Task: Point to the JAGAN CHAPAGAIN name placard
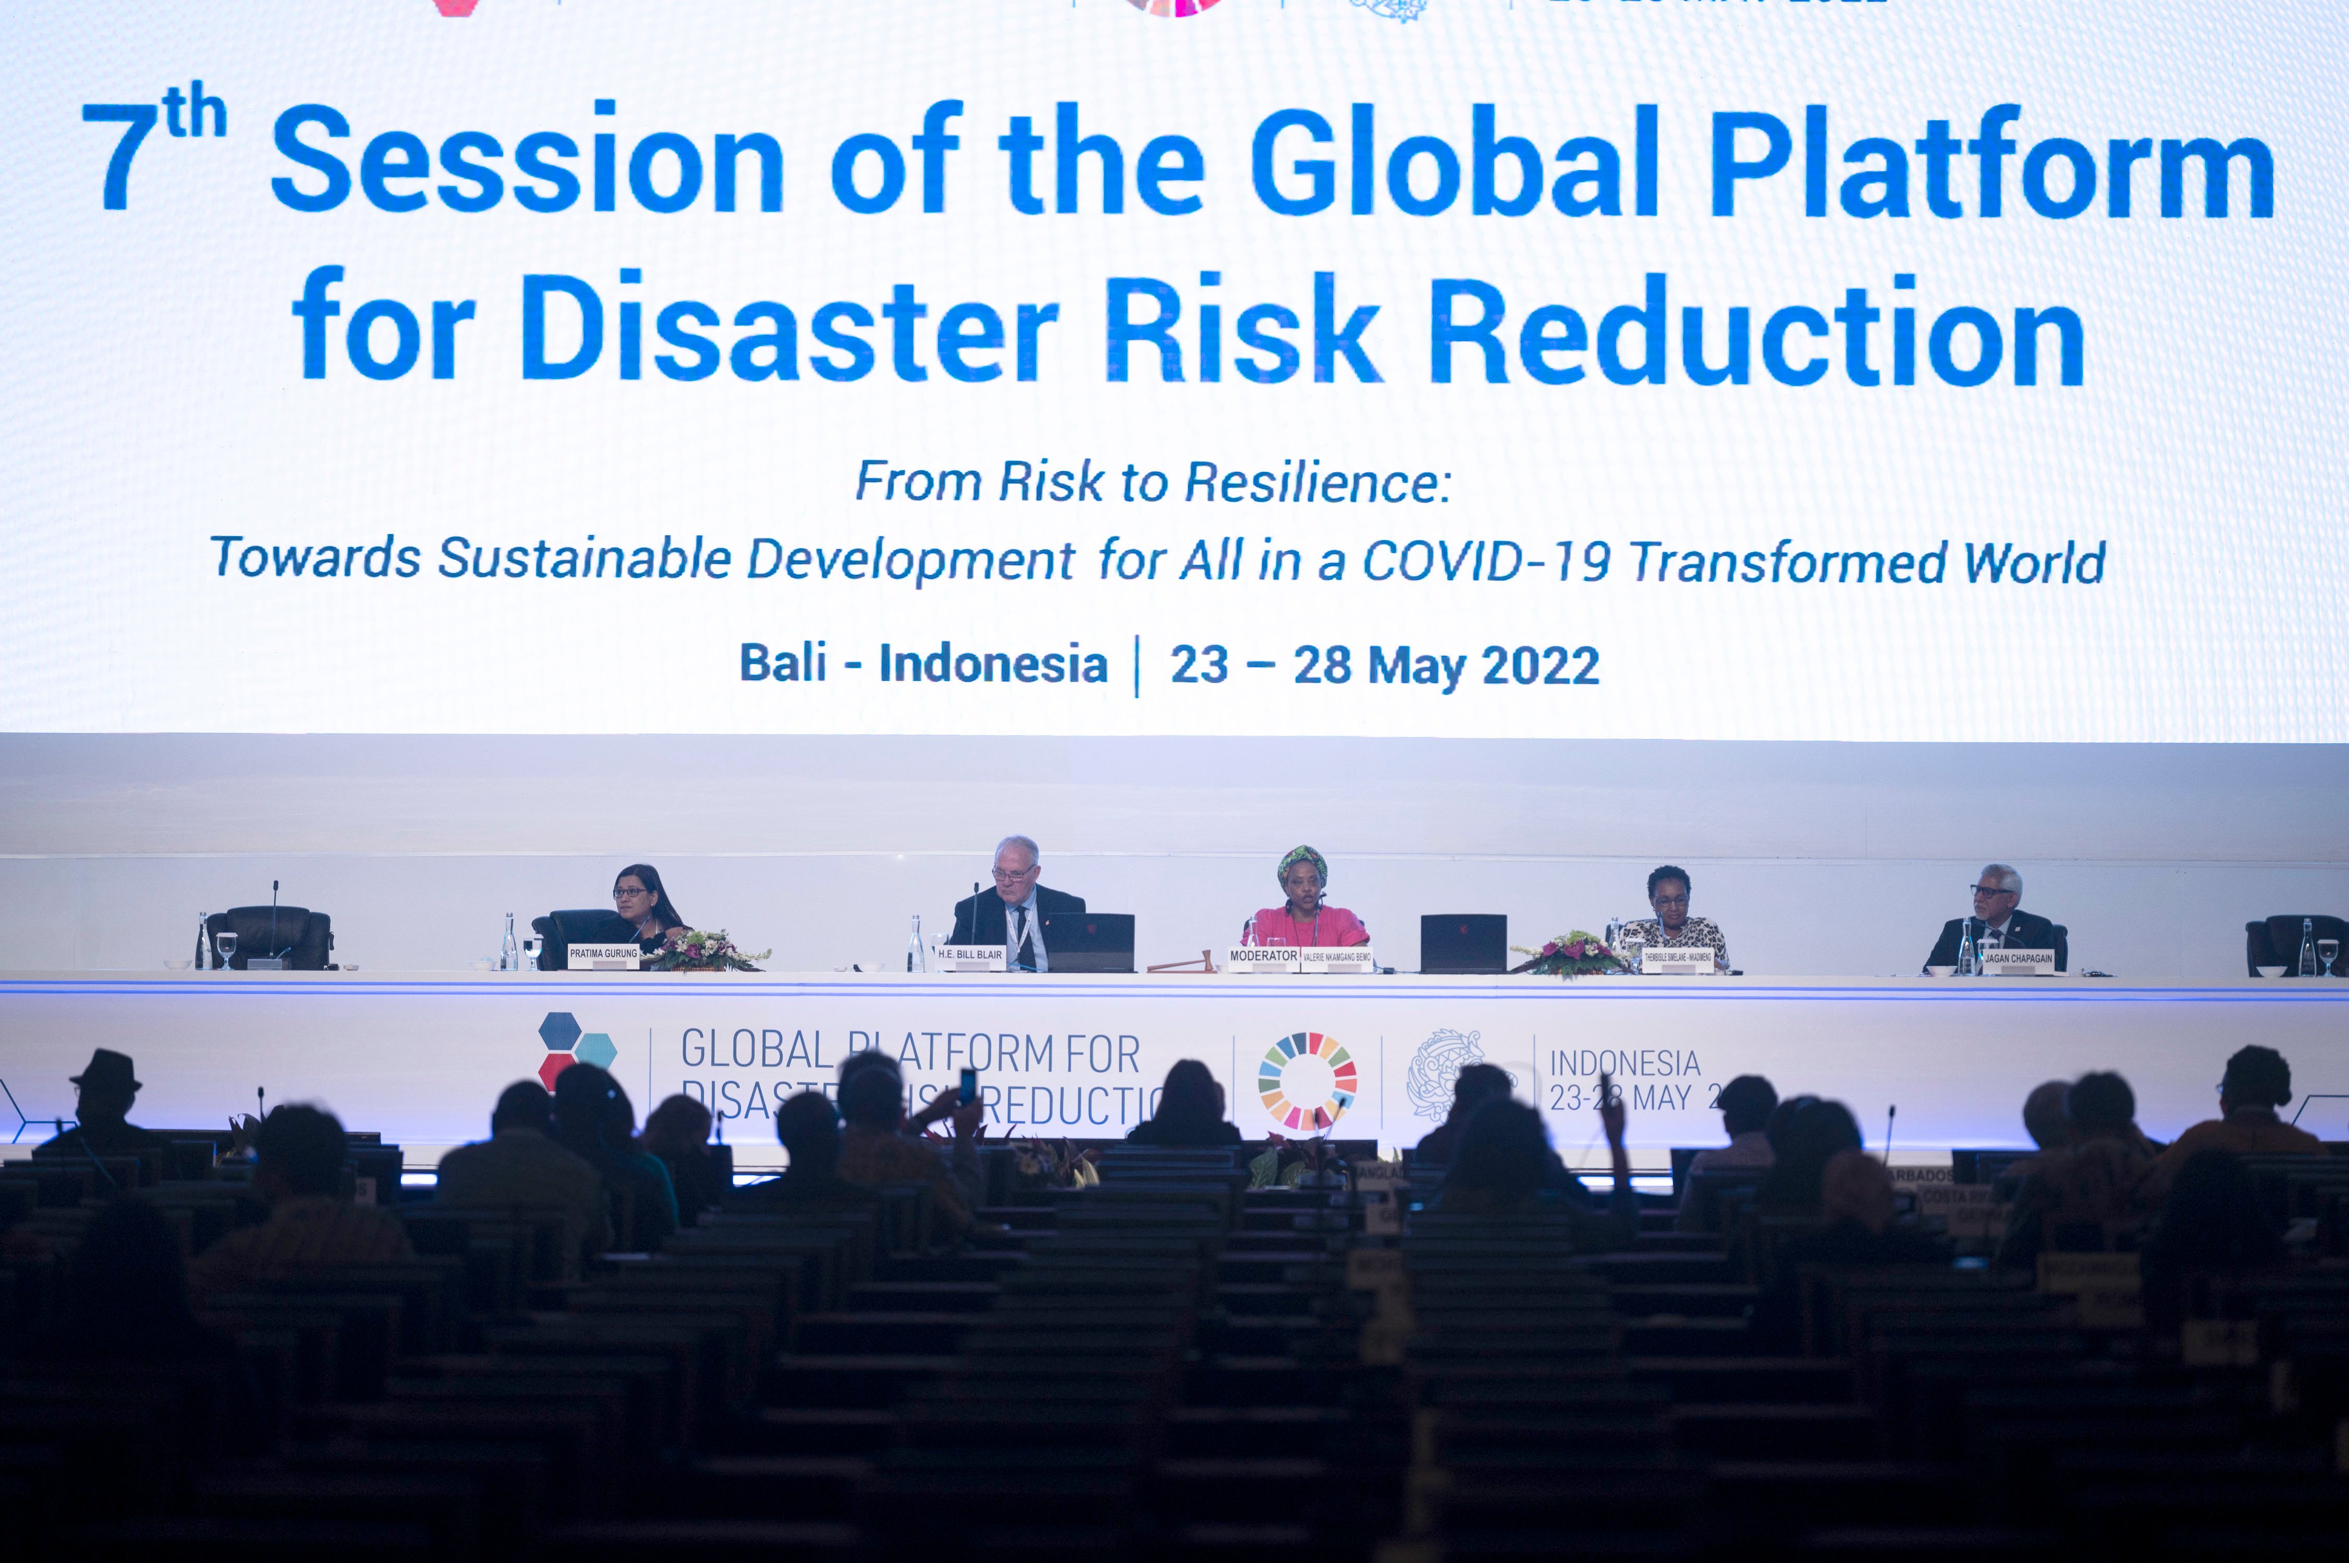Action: point(2018,959)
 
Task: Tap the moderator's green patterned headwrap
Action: point(1301,863)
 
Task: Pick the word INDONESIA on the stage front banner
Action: point(1624,1063)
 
